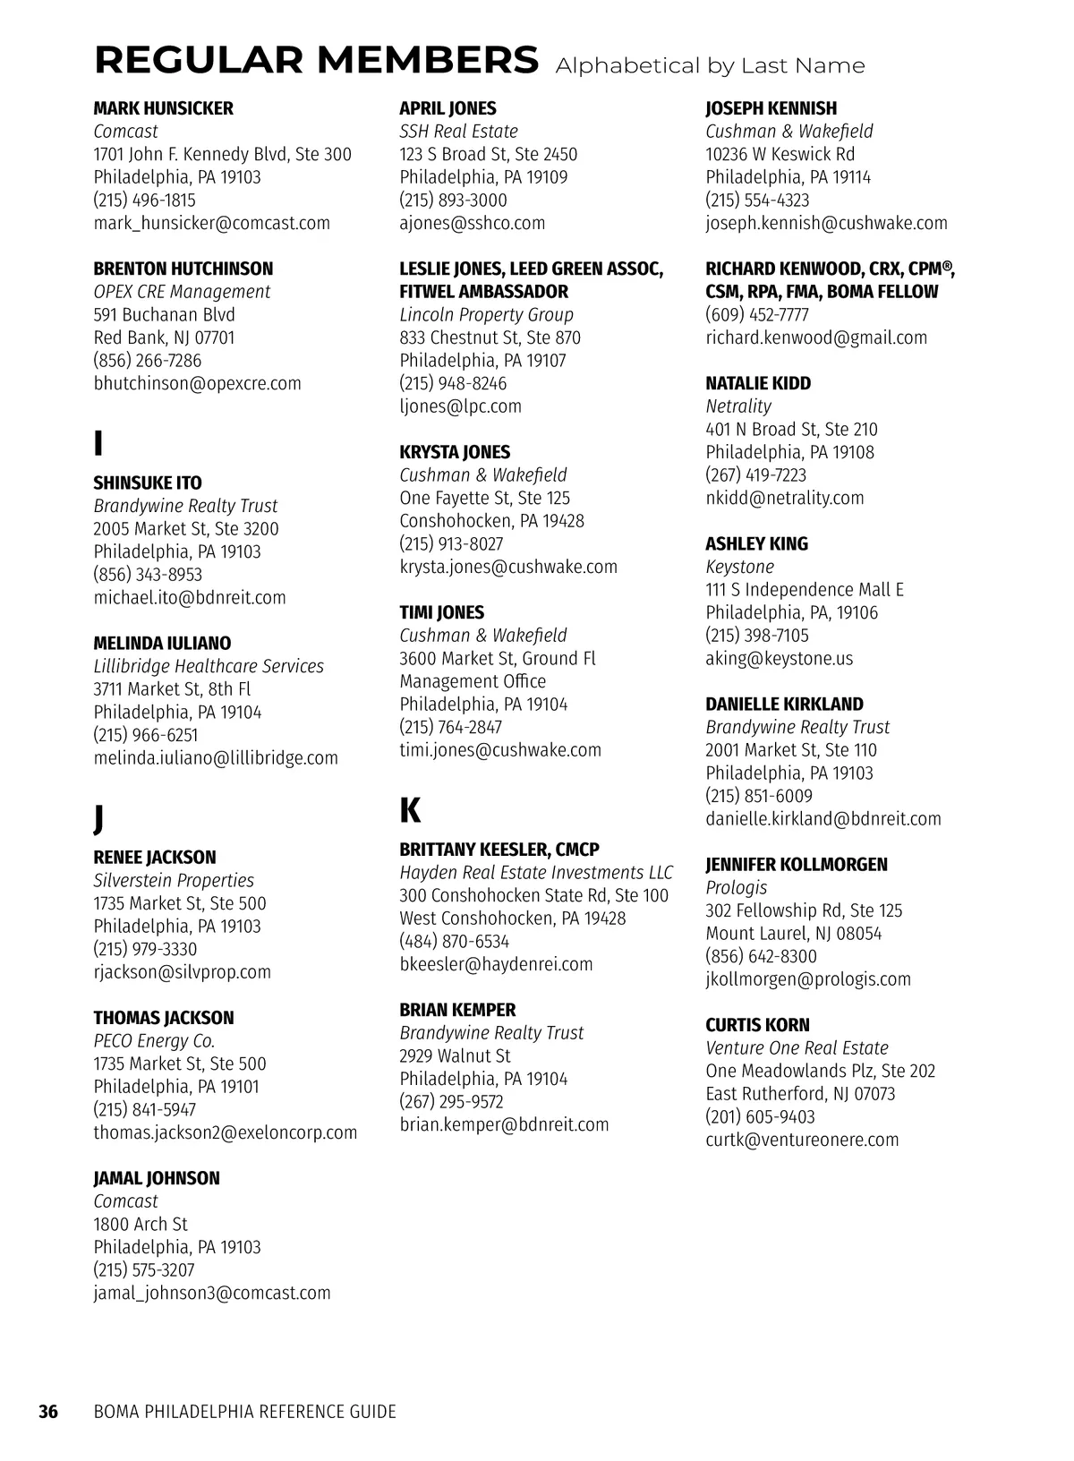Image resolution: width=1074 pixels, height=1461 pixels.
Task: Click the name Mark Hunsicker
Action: [x=163, y=108]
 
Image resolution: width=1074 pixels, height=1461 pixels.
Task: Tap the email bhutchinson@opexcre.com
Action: [x=197, y=383]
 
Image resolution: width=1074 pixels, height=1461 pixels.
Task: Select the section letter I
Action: [x=98, y=443]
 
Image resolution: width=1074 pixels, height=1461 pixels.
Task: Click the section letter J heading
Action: [x=98, y=818]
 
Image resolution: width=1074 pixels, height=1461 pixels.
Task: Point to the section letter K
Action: [x=409, y=810]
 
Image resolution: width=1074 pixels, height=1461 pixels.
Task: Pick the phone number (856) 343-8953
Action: [x=148, y=575]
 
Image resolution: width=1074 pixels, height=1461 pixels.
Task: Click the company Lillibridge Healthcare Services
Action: [x=209, y=666]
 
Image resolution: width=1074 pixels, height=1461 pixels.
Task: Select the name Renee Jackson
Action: [x=155, y=858]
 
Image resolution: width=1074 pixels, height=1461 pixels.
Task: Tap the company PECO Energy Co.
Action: [x=154, y=1041]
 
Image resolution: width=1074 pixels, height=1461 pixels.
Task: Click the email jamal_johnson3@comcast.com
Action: [x=212, y=1293]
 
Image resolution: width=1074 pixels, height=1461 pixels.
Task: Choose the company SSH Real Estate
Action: [x=458, y=132]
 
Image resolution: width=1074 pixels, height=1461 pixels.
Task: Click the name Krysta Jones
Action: [x=455, y=452]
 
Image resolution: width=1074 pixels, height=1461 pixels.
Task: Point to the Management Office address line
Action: [x=473, y=681]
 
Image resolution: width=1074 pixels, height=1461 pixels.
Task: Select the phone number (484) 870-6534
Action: [x=454, y=941]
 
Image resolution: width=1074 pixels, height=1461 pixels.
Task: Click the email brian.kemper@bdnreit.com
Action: [x=504, y=1124]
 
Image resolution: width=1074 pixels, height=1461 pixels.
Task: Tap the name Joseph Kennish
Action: [x=771, y=108]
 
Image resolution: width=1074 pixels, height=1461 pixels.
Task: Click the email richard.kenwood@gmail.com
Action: [x=815, y=337]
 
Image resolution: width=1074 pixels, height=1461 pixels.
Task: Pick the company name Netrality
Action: [x=737, y=406]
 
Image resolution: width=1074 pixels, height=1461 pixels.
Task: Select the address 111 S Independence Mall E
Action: [x=804, y=590]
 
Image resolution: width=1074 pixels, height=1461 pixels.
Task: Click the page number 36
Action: [x=47, y=1412]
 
